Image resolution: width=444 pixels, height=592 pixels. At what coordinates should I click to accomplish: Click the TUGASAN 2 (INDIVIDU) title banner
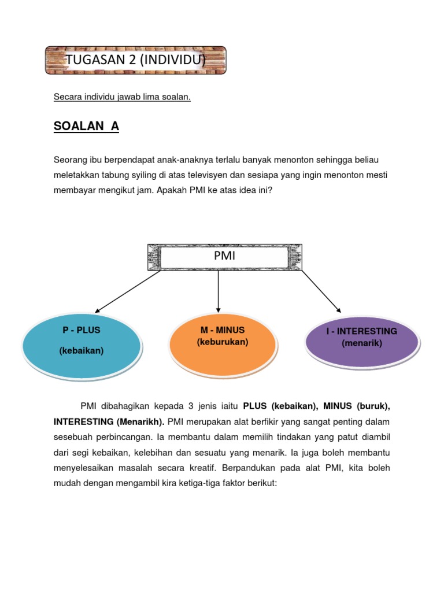(135, 60)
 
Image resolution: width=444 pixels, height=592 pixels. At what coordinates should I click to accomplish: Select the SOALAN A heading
(86, 127)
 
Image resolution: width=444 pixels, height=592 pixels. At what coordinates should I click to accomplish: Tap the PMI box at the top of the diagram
(224, 257)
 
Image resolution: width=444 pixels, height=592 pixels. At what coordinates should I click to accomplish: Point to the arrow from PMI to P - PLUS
(127, 292)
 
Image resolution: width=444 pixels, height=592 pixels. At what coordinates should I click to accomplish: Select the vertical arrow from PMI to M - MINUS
(218, 292)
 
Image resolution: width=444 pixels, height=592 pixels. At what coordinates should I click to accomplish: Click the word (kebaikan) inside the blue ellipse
(82, 350)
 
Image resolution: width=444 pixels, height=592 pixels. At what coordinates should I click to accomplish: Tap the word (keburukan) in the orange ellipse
(223, 342)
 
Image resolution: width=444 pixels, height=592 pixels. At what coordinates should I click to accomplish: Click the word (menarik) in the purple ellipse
(362, 343)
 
